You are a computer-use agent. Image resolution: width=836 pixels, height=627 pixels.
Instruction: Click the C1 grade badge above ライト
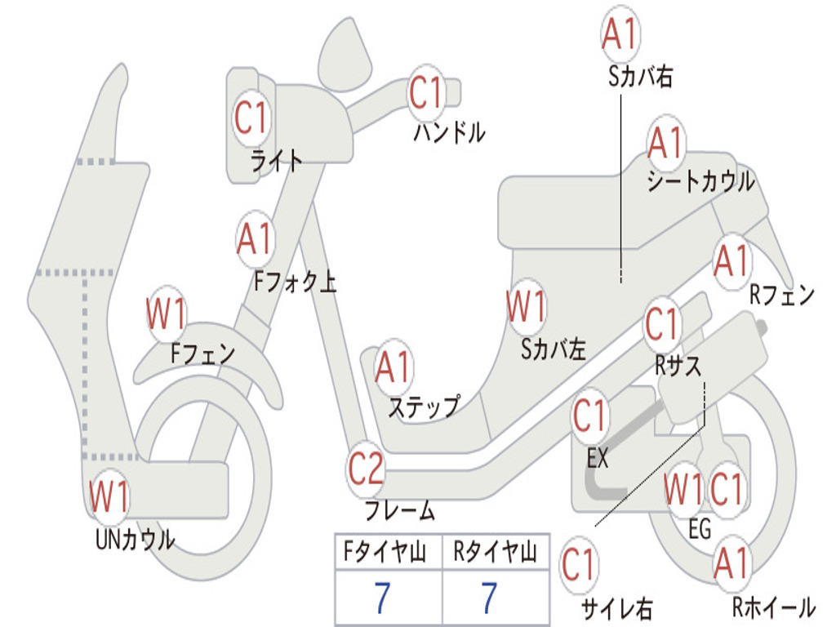251,118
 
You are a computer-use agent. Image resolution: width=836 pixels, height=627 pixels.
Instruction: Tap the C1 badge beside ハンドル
425,92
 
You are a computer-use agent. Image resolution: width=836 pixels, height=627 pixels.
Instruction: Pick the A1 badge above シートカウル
665,144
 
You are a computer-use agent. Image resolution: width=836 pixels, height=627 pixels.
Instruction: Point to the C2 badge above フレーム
366,469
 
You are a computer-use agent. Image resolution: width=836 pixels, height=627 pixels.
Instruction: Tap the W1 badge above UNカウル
109,496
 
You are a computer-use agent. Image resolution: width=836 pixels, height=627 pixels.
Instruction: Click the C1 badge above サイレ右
580,564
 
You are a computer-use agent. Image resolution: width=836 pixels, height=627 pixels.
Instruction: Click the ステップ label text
424,407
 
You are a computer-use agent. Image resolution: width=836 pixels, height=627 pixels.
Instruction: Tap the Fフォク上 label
295,282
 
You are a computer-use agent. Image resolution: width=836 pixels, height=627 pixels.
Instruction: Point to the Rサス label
678,367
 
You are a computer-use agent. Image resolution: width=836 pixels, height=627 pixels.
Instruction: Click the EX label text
598,458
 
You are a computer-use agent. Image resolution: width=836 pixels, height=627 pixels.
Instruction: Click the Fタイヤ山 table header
388,554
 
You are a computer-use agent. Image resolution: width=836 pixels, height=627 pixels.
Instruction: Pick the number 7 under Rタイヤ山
488,598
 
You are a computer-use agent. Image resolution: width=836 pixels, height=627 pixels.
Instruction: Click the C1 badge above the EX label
589,416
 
